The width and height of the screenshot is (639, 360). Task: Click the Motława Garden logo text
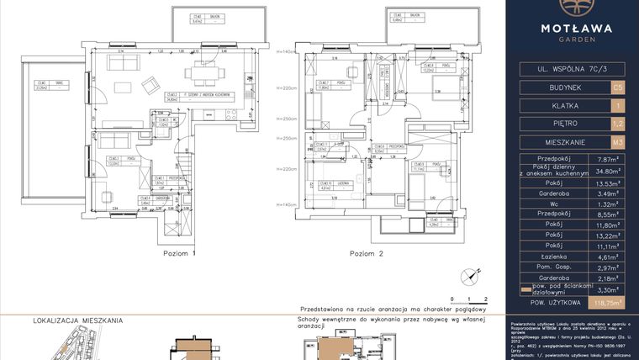coord(573,31)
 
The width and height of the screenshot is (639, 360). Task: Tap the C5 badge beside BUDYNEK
coord(618,87)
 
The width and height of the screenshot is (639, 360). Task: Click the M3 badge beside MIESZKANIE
coord(618,142)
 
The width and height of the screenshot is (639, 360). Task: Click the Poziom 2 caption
coord(367,252)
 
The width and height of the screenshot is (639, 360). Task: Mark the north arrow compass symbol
coord(462,275)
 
